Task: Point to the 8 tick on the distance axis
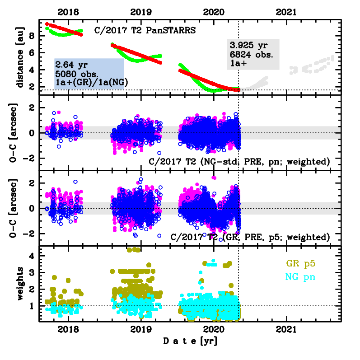pyautogui.click(x=34, y=35)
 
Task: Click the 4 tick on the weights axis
pyautogui.click(x=34, y=256)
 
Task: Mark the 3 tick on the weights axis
pyautogui.click(x=34, y=272)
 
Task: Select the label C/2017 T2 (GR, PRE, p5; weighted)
pyautogui.click(x=250, y=237)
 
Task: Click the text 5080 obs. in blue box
pyautogui.click(x=75, y=74)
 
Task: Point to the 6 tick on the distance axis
pyautogui.click(x=34, y=52)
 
